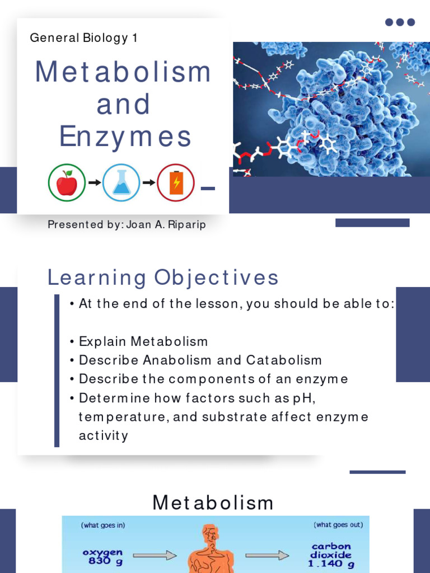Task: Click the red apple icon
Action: pos(67,182)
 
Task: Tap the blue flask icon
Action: pos(121,182)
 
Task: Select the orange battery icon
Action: pos(175,182)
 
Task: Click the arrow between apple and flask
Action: pos(94,182)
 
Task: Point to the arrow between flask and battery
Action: pos(148,182)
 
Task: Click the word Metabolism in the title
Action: pos(123,72)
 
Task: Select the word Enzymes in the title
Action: pos(125,137)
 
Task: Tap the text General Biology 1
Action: pos(83,38)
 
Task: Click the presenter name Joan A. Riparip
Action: pos(166,224)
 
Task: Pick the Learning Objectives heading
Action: pos(163,278)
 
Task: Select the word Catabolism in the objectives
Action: pos(284,360)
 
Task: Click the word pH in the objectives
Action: pos(298,398)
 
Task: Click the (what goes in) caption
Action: pos(103,525)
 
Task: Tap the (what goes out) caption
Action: pos(338,525)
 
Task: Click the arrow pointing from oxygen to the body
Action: pos(155,556)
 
